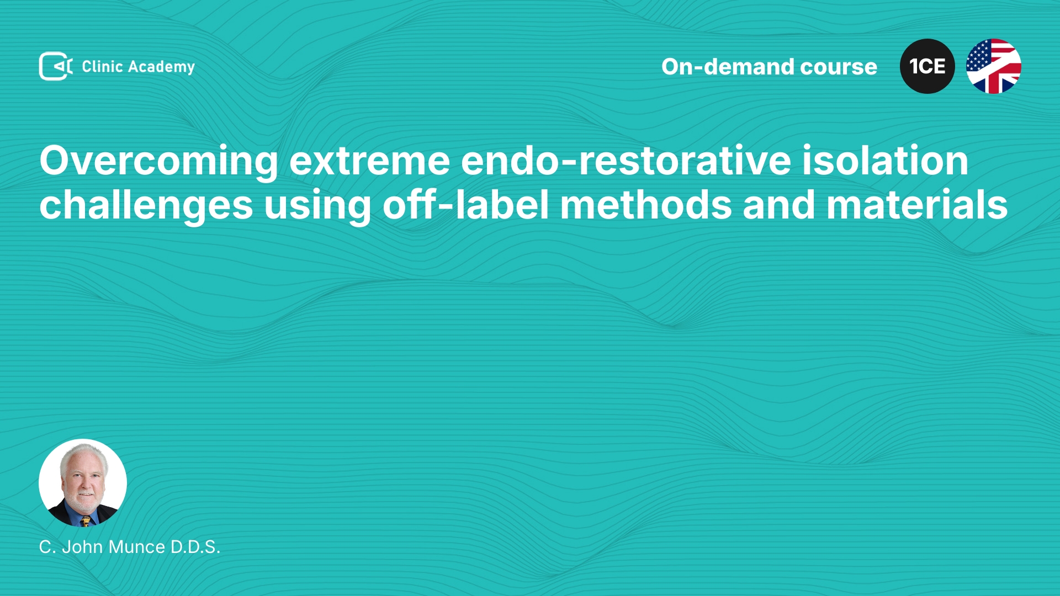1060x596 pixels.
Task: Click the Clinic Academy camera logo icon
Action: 56,66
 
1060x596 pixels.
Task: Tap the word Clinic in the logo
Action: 102,66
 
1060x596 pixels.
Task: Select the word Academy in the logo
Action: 161,67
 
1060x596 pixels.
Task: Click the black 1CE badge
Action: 928,66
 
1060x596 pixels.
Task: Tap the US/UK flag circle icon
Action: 994,66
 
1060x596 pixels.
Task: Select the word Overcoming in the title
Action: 159,162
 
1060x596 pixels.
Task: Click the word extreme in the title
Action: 370,161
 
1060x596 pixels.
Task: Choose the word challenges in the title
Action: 146,206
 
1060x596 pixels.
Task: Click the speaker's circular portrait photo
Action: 83,483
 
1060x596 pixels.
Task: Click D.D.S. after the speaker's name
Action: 195,547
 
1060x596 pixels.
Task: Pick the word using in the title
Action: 317,206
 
